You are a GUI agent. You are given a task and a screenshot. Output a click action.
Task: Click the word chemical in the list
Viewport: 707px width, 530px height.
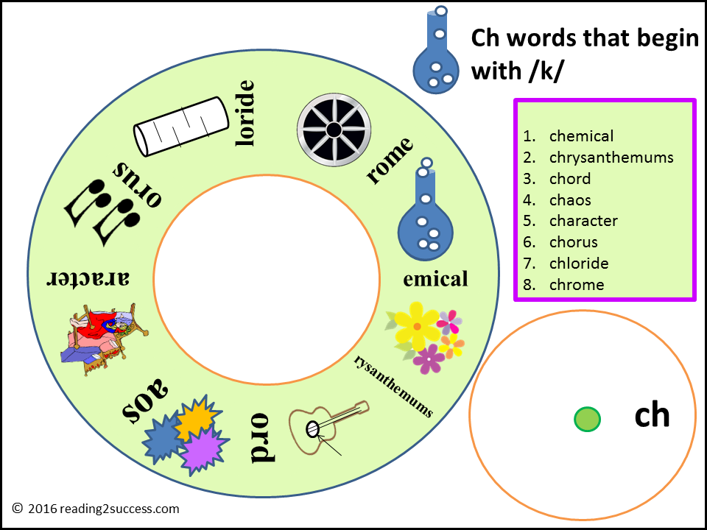(x=581, y=136)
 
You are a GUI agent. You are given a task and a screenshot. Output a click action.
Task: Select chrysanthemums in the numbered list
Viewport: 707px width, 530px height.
(x=611, y=158)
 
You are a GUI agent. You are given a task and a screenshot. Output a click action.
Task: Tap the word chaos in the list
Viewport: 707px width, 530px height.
(x=570, y=200)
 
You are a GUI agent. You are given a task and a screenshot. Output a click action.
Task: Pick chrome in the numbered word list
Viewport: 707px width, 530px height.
(x=577, y=285)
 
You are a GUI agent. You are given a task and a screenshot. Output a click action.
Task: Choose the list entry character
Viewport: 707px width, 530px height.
(x=583, y=221)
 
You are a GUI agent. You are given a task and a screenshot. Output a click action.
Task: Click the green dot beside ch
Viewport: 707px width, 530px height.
(x=587, y=419)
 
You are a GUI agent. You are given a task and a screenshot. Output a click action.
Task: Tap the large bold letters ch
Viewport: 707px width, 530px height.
(x=652, y=415)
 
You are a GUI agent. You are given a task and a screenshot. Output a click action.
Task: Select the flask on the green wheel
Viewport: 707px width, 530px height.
(x=423, y=213)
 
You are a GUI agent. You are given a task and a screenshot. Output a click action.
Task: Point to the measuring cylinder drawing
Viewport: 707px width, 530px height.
(x=181, y=127)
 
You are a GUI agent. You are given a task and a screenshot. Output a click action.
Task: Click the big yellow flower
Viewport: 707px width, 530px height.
(x=417, y=325)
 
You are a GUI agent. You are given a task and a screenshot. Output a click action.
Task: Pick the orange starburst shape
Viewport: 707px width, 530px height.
(x=197, y=417)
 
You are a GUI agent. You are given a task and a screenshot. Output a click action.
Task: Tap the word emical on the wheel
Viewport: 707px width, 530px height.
(x=435, y=279)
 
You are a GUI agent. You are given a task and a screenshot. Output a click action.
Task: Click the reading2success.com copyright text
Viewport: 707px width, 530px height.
(x=96, y=509)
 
